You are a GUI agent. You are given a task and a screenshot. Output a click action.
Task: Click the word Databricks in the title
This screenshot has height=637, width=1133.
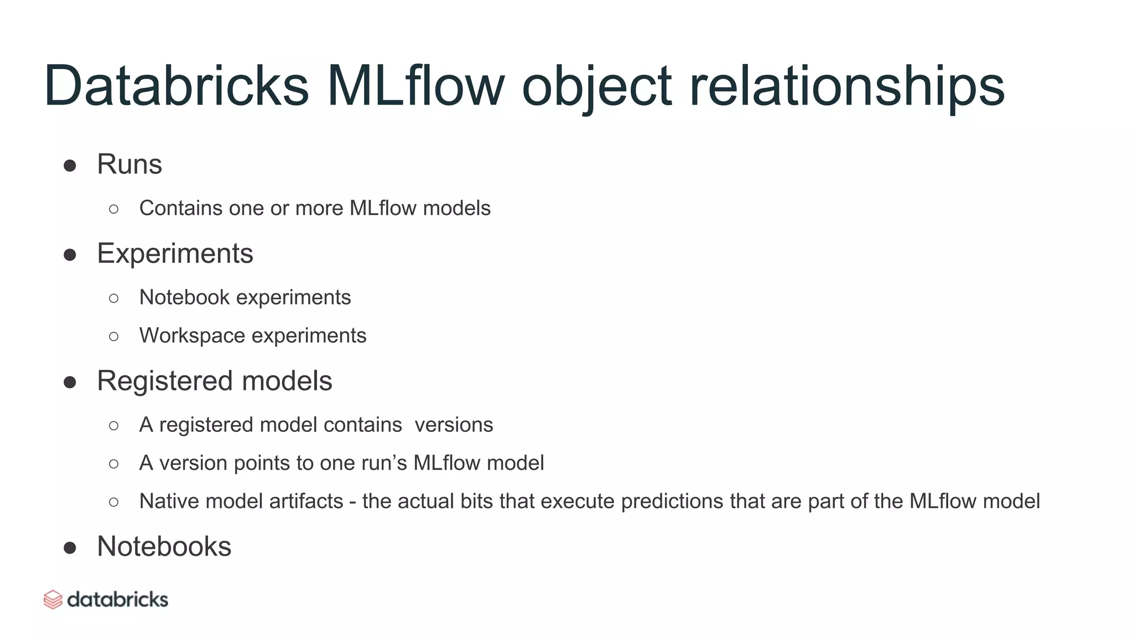point(176,86)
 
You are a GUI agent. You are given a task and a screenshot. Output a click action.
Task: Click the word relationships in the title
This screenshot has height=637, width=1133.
point(846,86)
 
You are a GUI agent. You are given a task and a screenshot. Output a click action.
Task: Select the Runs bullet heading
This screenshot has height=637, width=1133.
point(129,164)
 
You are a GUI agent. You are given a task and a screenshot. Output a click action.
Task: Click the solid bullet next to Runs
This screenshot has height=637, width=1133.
point(70,165)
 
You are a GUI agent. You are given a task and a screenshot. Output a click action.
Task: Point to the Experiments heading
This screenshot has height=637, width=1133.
point(175,254)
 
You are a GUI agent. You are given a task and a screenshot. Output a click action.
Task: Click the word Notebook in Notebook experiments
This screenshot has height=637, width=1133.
point(184,297)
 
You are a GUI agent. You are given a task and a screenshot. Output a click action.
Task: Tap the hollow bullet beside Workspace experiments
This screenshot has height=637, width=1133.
point(114,336)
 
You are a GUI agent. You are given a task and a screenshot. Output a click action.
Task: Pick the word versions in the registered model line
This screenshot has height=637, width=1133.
point(454,425)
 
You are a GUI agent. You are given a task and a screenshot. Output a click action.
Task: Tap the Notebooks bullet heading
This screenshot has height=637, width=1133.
point(164,546)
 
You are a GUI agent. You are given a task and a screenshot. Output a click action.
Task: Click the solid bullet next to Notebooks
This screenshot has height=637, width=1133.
point(70,547)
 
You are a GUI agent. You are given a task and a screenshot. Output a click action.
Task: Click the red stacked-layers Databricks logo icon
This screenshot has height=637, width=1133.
point(53,599)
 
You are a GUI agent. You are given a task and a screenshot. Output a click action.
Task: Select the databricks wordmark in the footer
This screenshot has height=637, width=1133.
point(117,599)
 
